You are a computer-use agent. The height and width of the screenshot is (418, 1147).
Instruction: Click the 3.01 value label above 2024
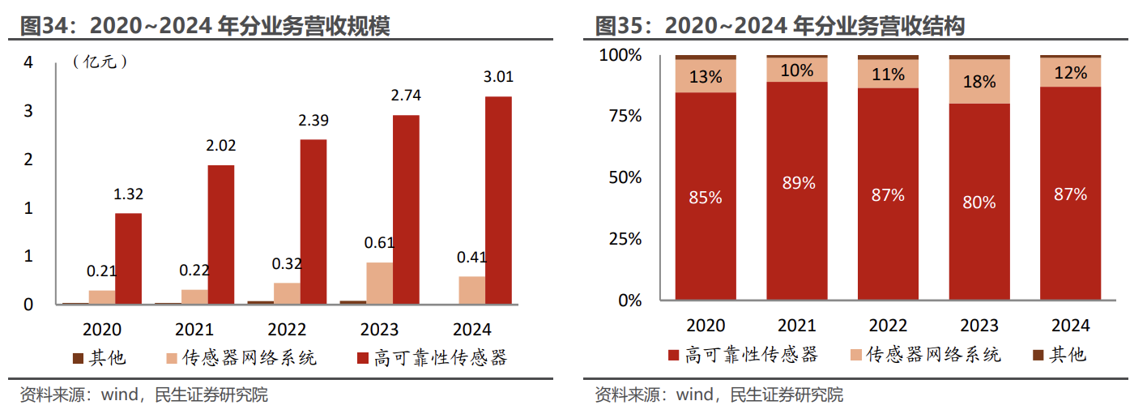point(498,78)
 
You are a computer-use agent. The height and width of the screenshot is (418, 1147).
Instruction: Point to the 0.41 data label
point(471,258)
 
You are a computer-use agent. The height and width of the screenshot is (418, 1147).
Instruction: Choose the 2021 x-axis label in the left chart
point(194,330)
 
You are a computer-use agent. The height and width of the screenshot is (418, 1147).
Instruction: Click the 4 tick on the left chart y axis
point(28,62)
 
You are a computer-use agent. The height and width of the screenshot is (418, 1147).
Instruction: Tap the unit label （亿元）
point(100,62)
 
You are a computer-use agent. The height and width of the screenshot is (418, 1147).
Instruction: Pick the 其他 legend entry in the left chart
point(100,357)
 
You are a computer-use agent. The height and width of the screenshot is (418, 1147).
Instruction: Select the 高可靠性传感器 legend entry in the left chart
point(431,357)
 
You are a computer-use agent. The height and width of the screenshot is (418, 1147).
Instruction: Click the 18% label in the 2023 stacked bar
point(979,82)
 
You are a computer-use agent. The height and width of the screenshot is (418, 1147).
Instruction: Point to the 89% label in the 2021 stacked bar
point(798,183)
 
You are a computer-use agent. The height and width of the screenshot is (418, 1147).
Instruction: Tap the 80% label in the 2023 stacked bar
point(979,202)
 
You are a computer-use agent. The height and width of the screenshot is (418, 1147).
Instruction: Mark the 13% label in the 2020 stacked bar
point(706,77)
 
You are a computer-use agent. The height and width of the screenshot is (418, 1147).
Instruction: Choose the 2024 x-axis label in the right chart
point(1071,326)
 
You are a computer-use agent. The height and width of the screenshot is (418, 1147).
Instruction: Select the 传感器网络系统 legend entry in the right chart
point(925,355)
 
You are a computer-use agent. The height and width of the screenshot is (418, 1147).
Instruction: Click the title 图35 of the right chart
point(780,27)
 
